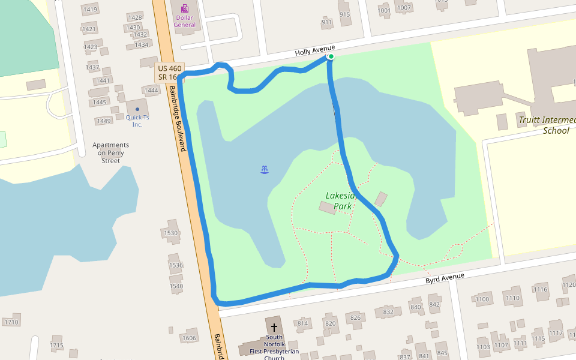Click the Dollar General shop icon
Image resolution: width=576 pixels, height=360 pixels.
[x=185, y=8]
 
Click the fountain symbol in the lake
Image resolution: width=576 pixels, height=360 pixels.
[x=265, y=170]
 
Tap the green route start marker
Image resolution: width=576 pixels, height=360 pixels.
[x=331, y=56]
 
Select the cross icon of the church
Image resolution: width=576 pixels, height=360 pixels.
[x=274, y=328]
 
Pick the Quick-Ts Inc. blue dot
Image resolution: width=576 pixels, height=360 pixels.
[x=137, y=109]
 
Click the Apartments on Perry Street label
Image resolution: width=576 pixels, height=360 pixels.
[x=110, y=152]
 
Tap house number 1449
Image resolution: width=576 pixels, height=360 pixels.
[x=104, y=121]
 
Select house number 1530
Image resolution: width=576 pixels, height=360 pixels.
[x=171, y=233]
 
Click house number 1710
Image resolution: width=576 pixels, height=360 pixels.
[x=11, y=322]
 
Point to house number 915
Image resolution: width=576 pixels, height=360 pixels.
[x=344, y=14]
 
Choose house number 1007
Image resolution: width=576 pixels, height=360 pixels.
[x=404, y=8]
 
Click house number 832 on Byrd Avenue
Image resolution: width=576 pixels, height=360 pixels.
[x=388, y=312]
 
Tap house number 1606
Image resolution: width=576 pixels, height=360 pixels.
[x=189, y=338]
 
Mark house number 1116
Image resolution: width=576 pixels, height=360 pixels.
[x=541, y=290]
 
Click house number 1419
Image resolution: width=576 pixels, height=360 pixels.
[x=90, y=10]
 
